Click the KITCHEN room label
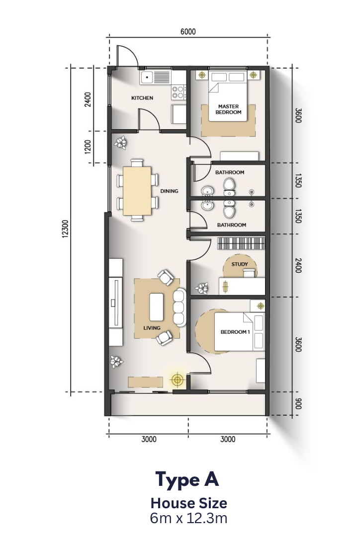point(142,98)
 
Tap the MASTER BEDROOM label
point(228,109)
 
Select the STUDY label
point(240,264)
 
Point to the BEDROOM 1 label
point(235,332)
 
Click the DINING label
point(169,191)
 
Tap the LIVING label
point(152,328)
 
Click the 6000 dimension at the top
point(188,32)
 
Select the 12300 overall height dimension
point(66,229)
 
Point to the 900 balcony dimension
point(299,404)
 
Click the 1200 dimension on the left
point(88,147)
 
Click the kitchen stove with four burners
point(179,92)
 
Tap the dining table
point(137,190)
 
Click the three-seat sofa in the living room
point(180,308)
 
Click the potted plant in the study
point(201,287)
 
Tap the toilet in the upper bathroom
point(228,187)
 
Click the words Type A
point(187,479)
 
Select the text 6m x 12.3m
point(188,519)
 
